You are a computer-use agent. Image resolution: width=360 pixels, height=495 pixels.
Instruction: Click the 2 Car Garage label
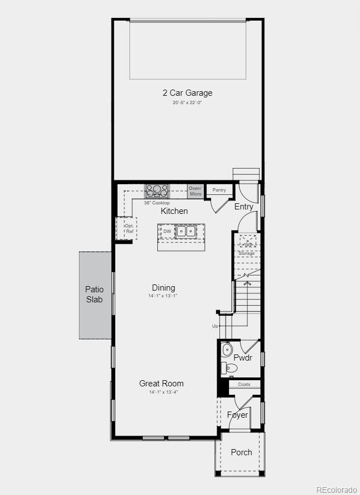tap(188, 93)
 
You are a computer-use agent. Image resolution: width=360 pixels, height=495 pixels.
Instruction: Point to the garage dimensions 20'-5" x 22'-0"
tap(188, 103)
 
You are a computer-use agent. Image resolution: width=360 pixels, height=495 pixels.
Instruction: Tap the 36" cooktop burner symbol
tap(157, 190)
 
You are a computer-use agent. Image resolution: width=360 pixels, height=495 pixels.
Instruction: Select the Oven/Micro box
tap(195, 191)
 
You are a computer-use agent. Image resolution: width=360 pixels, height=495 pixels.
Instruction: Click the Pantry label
tap(219, 190)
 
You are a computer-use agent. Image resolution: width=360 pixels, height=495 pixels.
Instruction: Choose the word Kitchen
tap(174, 211)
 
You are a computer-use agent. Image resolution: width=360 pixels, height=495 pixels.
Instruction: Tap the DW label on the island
tap(167, 231)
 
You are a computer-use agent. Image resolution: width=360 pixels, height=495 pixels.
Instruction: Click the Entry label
tap(244, 207)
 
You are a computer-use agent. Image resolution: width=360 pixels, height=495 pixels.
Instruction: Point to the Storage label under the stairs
tap(246, 254)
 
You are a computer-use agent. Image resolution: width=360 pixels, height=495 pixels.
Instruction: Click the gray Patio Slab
tap(95, 295)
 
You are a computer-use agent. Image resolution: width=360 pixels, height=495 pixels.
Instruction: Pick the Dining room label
tap(163, 288)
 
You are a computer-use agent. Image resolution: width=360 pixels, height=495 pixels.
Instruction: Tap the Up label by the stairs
tap(214, 326)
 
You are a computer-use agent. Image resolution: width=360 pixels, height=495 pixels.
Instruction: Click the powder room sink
tap(227, 350)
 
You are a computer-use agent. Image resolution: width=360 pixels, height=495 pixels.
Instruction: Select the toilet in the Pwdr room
tap(230, 368)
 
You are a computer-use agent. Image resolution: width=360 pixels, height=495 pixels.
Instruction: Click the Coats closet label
tap(244, 384)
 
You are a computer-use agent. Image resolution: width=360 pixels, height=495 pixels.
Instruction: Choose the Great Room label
tap(161, 384)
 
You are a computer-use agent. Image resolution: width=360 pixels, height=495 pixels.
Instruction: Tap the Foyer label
tap(237, 415)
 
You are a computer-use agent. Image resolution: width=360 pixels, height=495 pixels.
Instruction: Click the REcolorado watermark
tap(335, 489)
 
